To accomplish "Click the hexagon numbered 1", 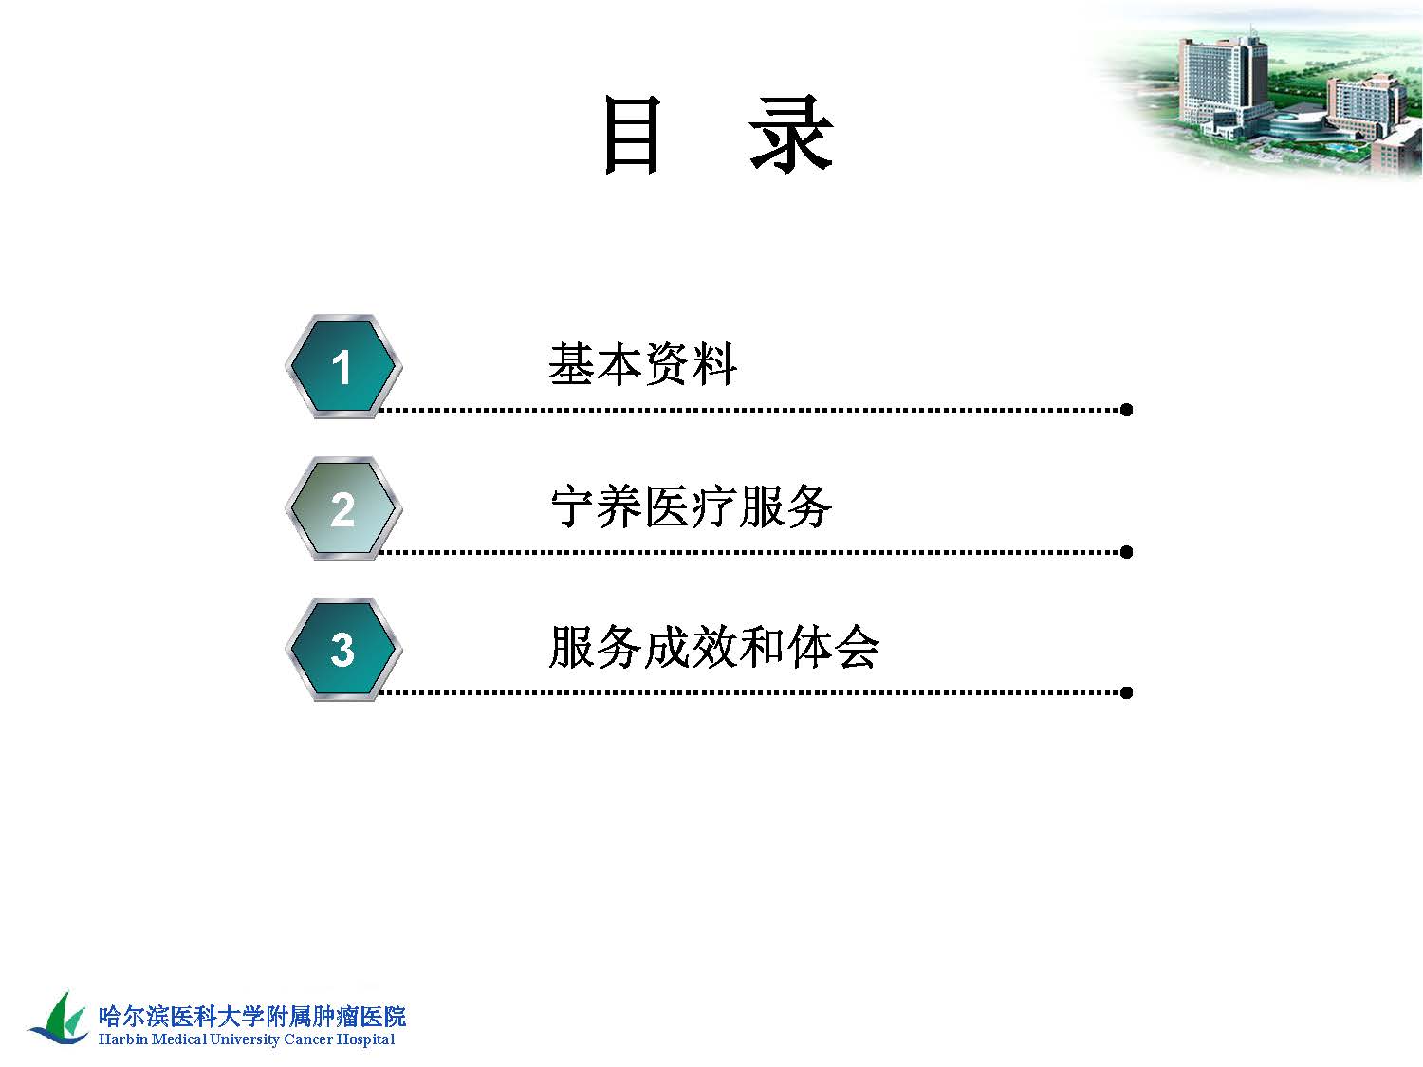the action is click(x=343, y=367).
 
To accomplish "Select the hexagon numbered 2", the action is click(x=343, y=508).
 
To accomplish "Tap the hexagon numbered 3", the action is click(x=343, y=649).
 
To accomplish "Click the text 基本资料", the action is click(x=642, y=364).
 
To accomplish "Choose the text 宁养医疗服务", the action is click(x=691, y=506).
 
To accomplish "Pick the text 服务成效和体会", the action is click(x=713, y=647).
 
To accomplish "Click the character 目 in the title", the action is click(x=632, y=135).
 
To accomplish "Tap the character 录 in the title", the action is click(x=791, y=135).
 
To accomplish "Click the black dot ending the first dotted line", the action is click(x=1127, y=410).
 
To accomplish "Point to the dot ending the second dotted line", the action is click(x=1127, y=552).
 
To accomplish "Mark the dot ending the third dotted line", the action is click(x=1127, y=692).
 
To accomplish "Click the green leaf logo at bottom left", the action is click(x=59, y=1018).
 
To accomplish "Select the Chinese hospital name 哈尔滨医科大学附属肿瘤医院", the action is click(x=252, y=1016).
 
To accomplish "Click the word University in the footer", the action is click(x=245, y=1039).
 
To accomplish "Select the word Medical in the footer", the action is click(x=179, y=1039).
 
